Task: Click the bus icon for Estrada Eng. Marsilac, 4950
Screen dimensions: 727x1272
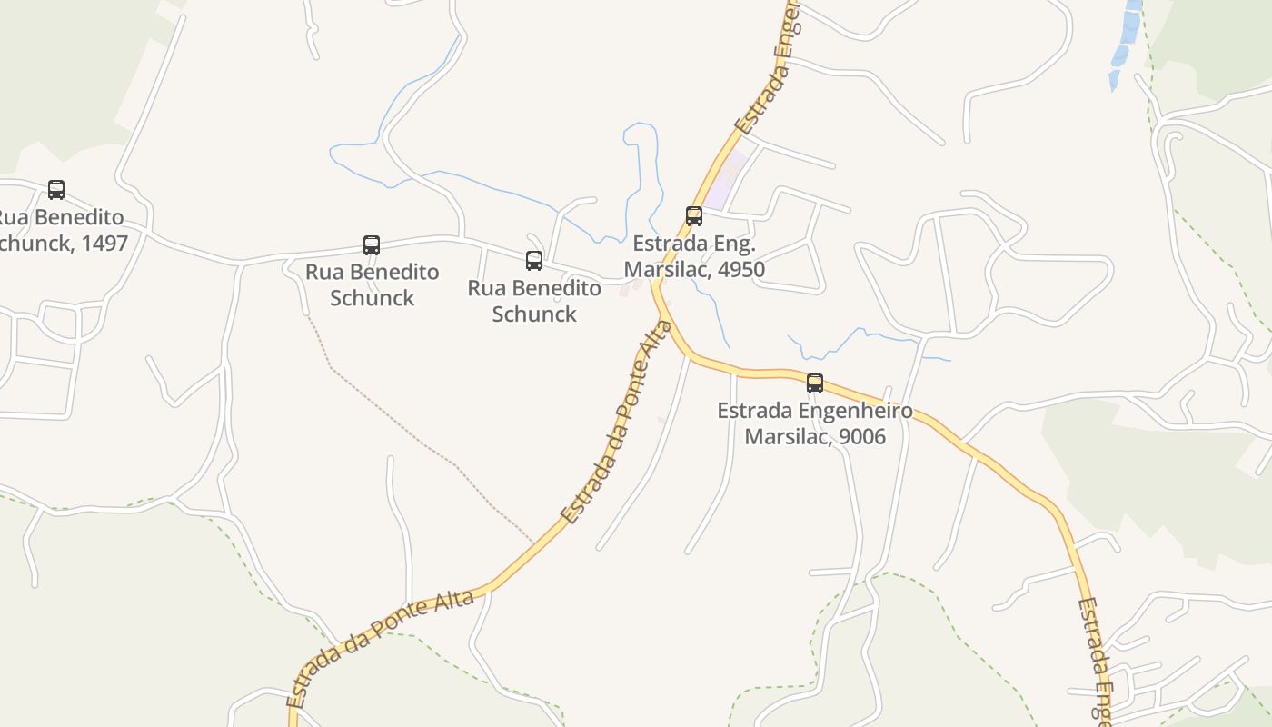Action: pyautogui.click(x=694, y=216)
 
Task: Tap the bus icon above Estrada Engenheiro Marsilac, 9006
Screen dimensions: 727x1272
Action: pyautogui.click(x=815, y=383)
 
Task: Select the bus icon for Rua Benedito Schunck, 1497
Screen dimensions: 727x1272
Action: pyautogui.click(x=56, y=190)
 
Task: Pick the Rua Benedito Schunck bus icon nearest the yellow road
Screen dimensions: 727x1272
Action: pyautogui.click(x=534, y=261)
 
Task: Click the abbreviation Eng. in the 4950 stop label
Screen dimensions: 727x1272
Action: pyautogui.click(x=733, y=244)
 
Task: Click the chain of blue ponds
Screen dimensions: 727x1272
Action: pyautogui.click(x=1125, y=45)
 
